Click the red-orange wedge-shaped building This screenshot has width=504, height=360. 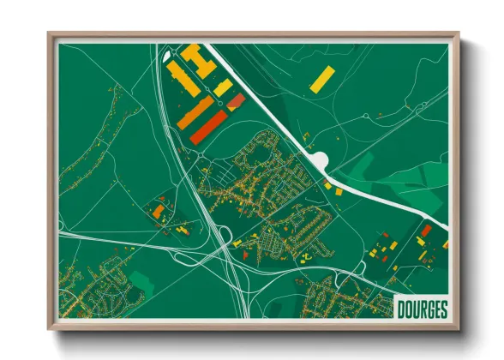pos(236,104)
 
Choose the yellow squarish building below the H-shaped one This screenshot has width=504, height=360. pos(222,87)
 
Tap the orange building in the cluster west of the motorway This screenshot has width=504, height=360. pos(159,210)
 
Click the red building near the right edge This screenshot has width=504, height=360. pos(426,231)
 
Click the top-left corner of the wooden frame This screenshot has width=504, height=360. pos(50,34)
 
